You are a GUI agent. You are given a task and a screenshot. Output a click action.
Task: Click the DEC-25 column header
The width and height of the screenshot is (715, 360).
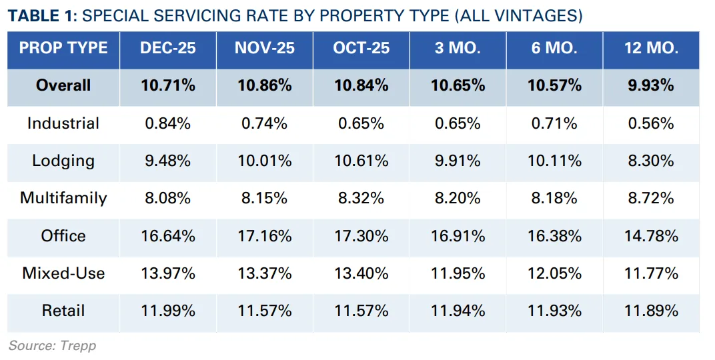[x=167, y=48]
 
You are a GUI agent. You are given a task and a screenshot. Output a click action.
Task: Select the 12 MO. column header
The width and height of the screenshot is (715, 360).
[x=651, y=48]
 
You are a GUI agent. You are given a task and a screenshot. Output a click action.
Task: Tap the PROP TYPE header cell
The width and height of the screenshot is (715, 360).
[x=63, y=48]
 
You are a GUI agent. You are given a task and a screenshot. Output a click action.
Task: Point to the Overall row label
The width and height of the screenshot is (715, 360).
[x=63, y=85]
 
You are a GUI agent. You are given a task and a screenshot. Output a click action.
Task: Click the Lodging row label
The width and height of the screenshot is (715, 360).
[x=63, y=161]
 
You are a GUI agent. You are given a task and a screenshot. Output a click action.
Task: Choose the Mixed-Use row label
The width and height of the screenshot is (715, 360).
[x=63, y=273]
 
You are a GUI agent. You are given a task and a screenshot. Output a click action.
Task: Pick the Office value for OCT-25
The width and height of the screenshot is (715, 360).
[x=361, y=236]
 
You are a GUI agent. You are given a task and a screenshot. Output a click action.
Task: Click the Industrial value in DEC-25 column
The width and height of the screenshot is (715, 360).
[x=167, y=123]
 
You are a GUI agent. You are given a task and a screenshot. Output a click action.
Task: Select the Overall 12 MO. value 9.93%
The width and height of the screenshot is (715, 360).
[x=651, y=85]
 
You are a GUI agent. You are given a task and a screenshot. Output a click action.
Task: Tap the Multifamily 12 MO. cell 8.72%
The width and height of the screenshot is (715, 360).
[x=651, y=198]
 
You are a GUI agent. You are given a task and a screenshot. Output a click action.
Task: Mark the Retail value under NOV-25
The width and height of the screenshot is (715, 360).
[x=264, y=311]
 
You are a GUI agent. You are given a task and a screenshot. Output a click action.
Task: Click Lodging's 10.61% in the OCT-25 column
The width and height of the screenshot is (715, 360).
[x=361, y=161]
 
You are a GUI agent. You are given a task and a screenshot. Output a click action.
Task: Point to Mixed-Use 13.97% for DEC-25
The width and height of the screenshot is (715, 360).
[x=167, y=273]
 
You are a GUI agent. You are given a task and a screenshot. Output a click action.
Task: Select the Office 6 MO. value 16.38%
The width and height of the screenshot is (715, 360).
[x=554, y=236]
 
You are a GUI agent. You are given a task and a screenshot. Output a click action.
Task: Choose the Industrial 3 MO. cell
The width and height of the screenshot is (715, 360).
[x=458, y=123]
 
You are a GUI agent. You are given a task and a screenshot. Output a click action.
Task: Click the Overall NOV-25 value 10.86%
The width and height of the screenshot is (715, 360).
[x=264, y=85]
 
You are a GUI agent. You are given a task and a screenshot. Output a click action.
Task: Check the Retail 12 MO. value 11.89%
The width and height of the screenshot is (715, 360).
[x=651, y=311]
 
